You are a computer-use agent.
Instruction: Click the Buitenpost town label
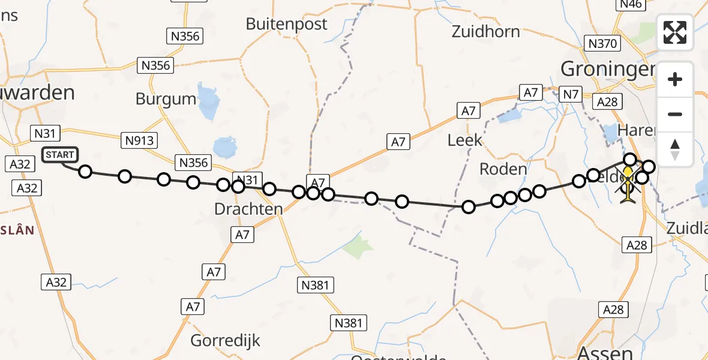coord(287,24)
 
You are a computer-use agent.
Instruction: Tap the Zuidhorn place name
coord(486,31)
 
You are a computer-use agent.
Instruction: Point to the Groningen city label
coord(607,69)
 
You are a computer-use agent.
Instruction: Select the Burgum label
coord(166,99)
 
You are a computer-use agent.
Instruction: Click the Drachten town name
coord(248,209)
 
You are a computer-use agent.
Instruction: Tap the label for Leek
coord(465,140)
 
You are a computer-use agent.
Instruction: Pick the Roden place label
coord(503,169)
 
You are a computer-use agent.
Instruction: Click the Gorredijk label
coord(226,341)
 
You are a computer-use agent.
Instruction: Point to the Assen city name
coord(604,353)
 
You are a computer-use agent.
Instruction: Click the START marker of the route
coord(60,155)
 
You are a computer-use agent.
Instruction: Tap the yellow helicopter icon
coord(628,183)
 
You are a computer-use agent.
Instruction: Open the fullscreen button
coord(675,32)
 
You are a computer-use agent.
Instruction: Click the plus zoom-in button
coord(675,79)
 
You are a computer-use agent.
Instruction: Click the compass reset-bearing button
coord(675,149)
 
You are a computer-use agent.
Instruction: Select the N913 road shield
coord(140,141)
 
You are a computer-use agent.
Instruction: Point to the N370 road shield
coord(602,43)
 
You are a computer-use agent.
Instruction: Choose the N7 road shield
coord(569,94)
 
